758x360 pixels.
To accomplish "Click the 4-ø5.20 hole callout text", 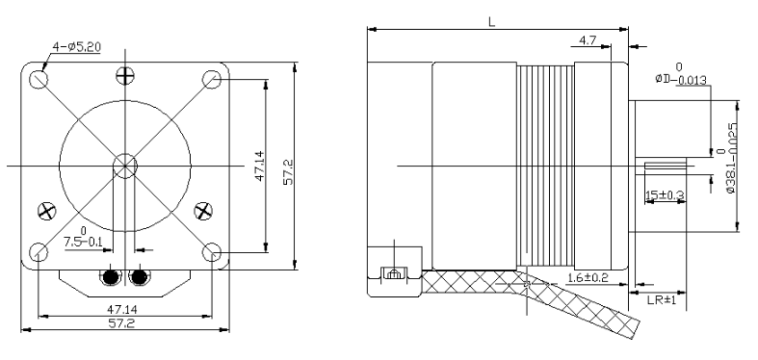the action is tap(76, 47).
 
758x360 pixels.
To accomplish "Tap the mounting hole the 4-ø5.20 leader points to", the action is tap(39, 79).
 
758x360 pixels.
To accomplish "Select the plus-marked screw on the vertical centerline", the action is tap(125, 75).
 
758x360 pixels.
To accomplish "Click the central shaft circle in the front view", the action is tap(125, 166).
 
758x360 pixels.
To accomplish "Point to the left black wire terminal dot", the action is tap(111, 277).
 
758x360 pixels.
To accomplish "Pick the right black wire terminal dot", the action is tap(140, 277).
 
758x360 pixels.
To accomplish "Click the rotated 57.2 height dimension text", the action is tap(289, 172).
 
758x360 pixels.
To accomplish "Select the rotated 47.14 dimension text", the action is tap(260, 166).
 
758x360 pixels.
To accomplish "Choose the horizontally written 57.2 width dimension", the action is tap(121, 322).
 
